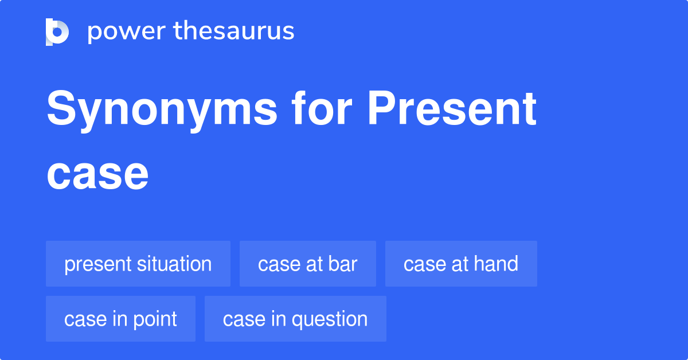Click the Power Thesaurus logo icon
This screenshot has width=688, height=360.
(57, 32)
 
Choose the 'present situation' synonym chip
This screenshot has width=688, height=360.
(138, 264)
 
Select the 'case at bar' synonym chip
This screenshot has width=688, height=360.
(307, 264)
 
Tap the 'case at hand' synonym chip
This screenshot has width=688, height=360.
(461, 264)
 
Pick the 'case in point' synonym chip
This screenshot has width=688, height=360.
(120, 319)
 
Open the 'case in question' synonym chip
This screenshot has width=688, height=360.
(295, 319)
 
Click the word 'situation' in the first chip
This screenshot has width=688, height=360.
(174, 264)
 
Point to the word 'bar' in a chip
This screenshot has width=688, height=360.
(343, 264)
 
